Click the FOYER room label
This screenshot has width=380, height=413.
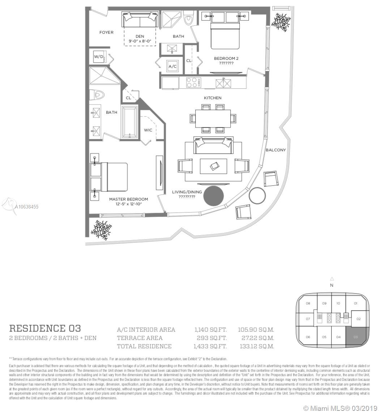click(106, 33)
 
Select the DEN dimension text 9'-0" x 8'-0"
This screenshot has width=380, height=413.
click(140, 41)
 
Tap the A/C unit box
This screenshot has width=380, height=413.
click(172, 66)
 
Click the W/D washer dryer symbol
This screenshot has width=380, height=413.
click(99, 57)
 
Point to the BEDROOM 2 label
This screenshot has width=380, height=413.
click(226, 58)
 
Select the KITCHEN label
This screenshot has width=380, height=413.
click(213, 98)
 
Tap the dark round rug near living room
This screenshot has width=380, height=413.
click(214, 196)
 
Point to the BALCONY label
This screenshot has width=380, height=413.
click(276, 150)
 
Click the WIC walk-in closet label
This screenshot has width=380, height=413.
click(148, 130)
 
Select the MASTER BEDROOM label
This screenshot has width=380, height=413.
click(128, 199)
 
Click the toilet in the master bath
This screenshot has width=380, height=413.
click(97, 95)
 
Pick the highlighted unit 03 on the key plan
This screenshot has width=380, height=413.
click(356, 337)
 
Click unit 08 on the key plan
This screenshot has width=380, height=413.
click(308, 303)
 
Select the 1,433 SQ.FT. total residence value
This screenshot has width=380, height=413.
click(210, 346)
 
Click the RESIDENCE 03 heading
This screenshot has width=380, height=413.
click(45, 328)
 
